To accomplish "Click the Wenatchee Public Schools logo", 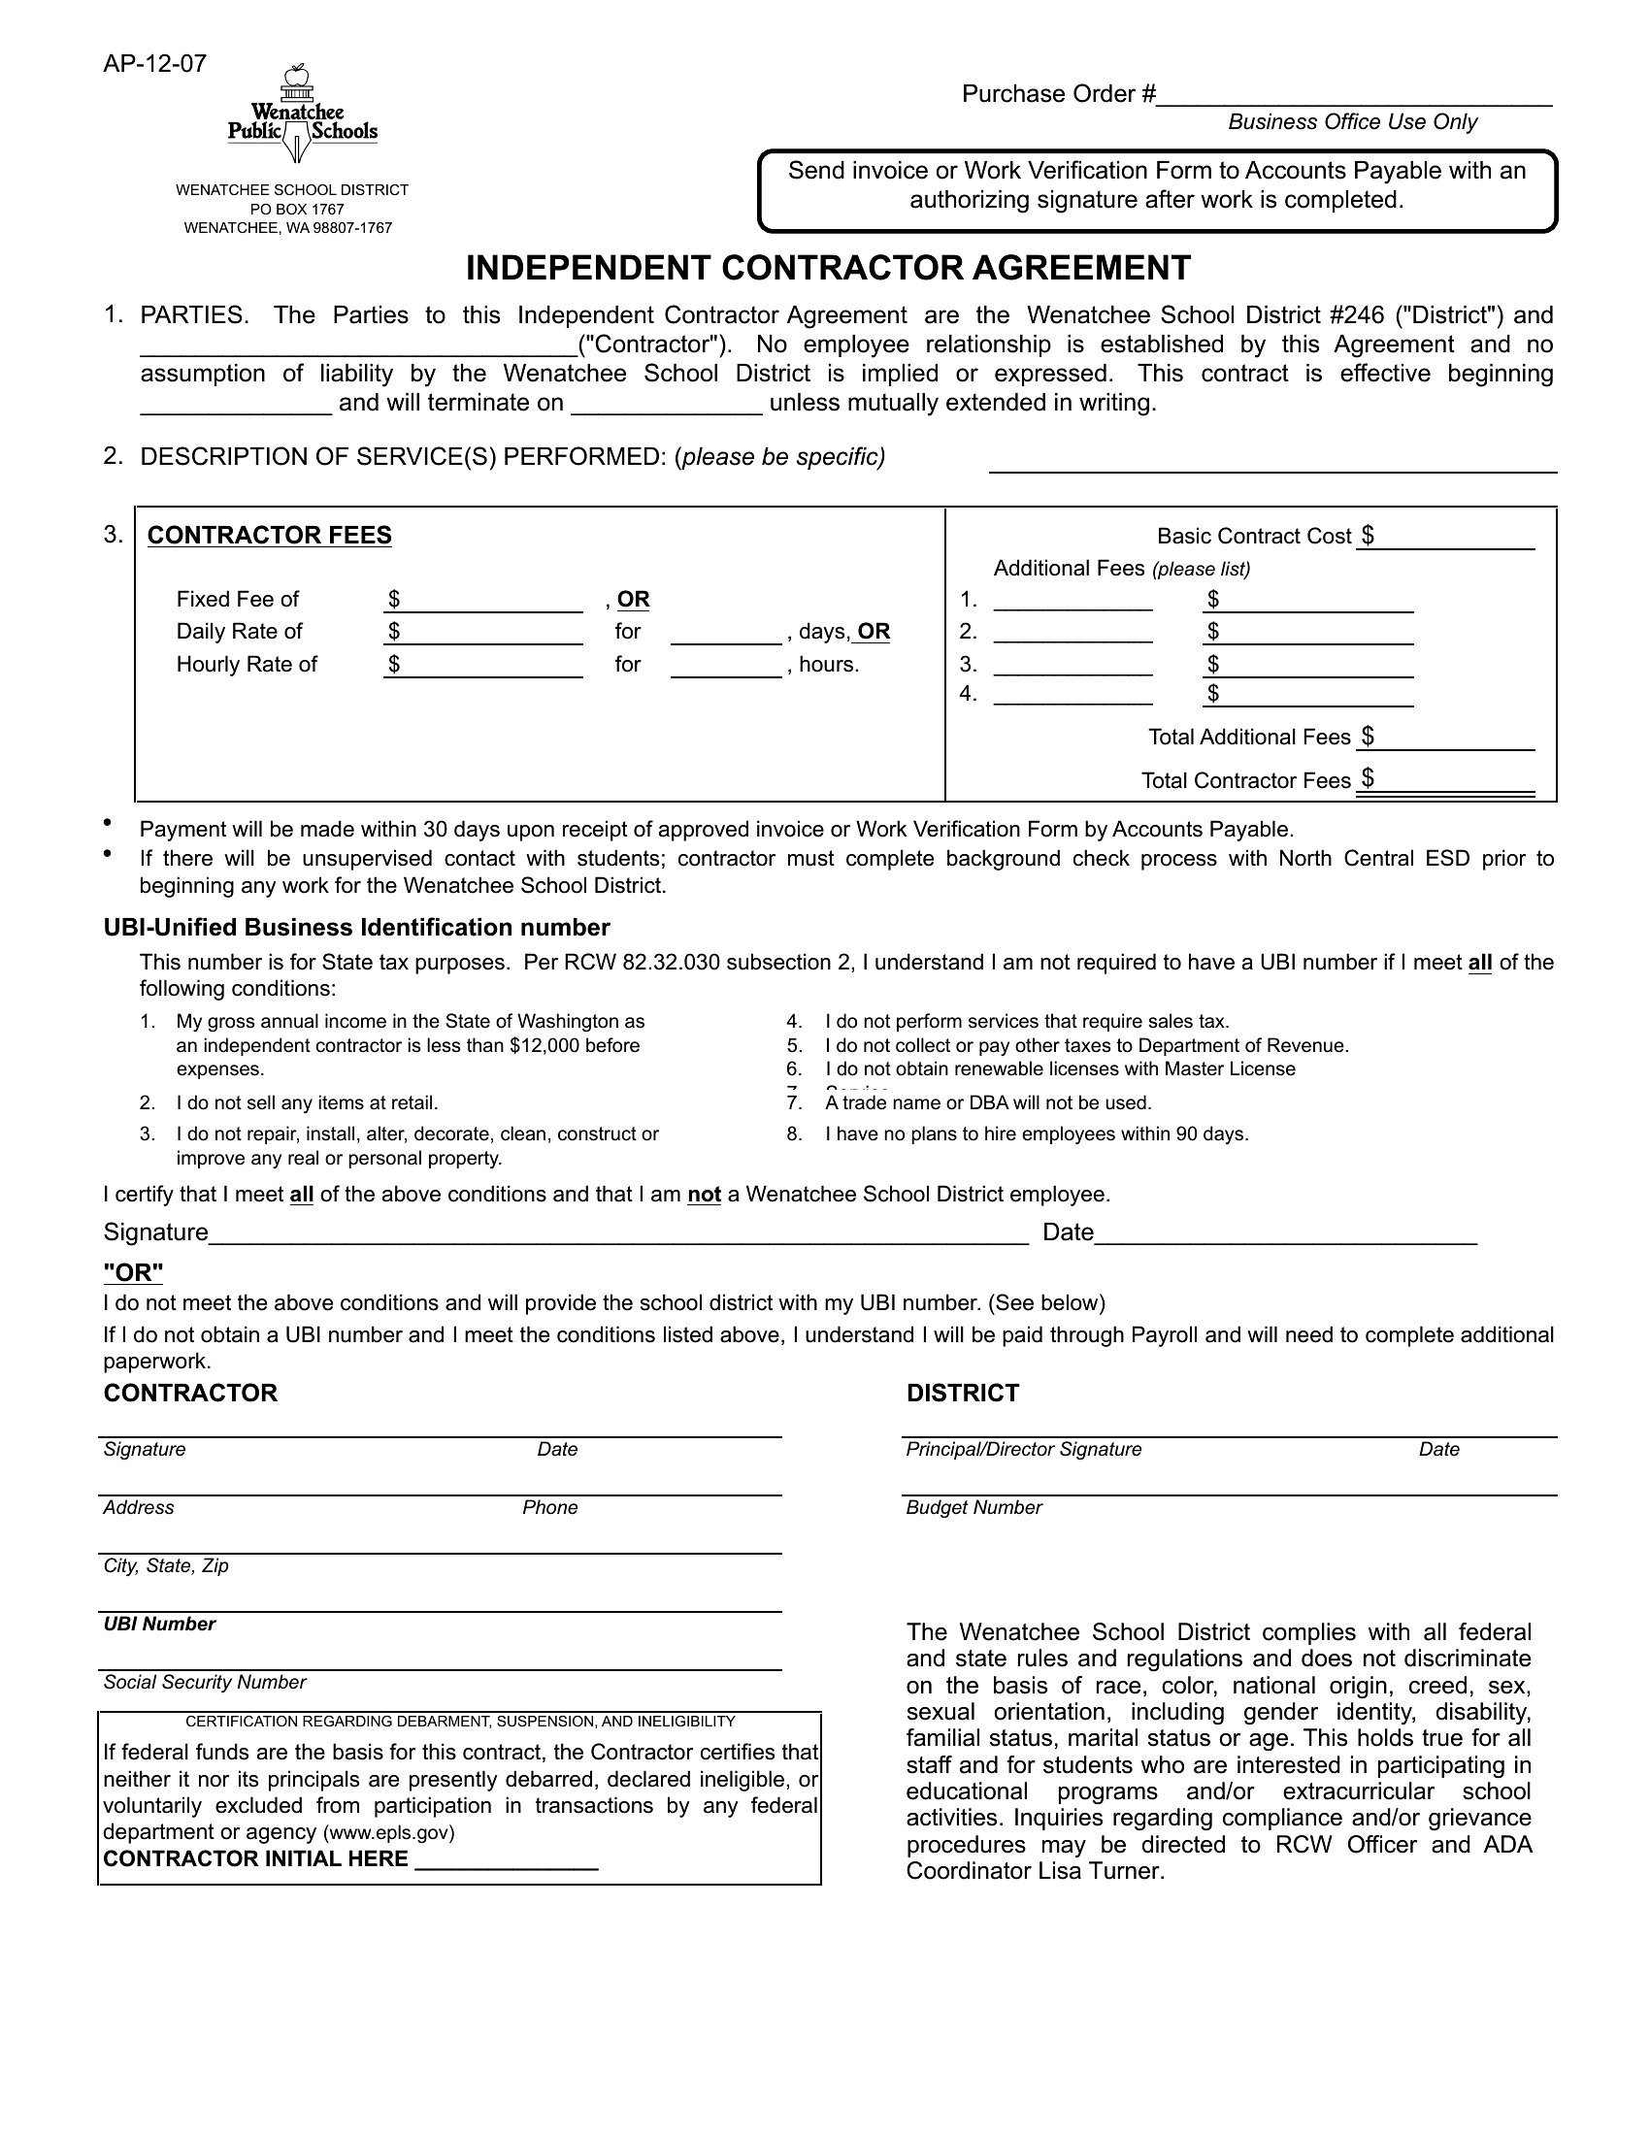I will pyautogui.click(x=302, y=115).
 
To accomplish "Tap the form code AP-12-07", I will pyautogui.click(x=154, y=64).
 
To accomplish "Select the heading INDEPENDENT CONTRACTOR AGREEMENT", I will pyautogui.click(x=828, y=268).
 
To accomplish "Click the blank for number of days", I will pyautogui.click(x=726, y=634).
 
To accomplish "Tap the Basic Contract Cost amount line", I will pyautogui.click(x=1446, y=538).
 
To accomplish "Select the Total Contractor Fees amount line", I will pyautogui.click(x=1446, y=781).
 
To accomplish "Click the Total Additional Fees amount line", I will pyautogui.click(x=1446, y=739).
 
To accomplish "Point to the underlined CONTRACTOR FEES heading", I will pyautogui.click(x=270, y=536).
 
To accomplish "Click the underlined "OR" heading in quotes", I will pyautogui.click(x=134, y=1273).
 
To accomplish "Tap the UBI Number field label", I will pyautogui.click(x=159, y=1625).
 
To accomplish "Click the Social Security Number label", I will pyautogui.click(x=204, y=1683).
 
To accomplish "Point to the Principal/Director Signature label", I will pyautogui.click(x=1023, y=1450).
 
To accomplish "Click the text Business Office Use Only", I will pyautogui.click(x=1352, y=122).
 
